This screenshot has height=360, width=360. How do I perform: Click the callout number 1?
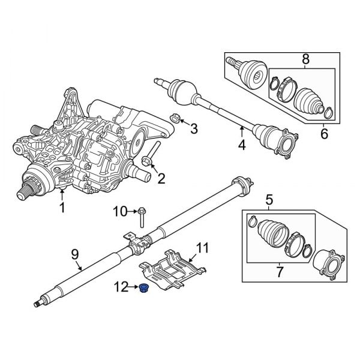click(x=62, y=208)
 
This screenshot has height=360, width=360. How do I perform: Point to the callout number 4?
click(x=242, y=145)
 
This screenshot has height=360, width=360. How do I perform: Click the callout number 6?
click(x=324, y=134)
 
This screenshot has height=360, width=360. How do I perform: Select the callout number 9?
click(x=75, y=254)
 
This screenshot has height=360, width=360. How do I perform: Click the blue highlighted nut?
click(x=144, y=290)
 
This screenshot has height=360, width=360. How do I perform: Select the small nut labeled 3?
click(x=176, y=117)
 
